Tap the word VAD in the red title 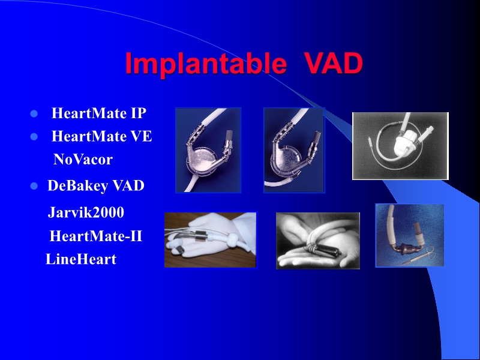click(x=333, y=64)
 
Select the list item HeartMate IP click(x=99, y=113)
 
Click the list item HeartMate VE click(x=101, y=137)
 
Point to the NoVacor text click(x=83, y=160)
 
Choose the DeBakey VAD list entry click(x=96, y=186)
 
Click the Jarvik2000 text click(x=86, y=212)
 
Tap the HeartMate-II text click(x=95, y=236)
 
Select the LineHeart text click(x=81, y=260)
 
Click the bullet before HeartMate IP click(x=34, y=114)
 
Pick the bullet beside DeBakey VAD click(x=34, y=187)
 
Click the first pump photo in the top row click(x=208, y=150)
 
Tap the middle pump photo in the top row click(x=294, y=150)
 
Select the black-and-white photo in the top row click(x=400, y=146)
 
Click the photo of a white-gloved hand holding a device click(x=210, y=239)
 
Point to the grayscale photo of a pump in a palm click(x=317, y=241)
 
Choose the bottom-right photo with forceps click(x=410, y=235)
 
